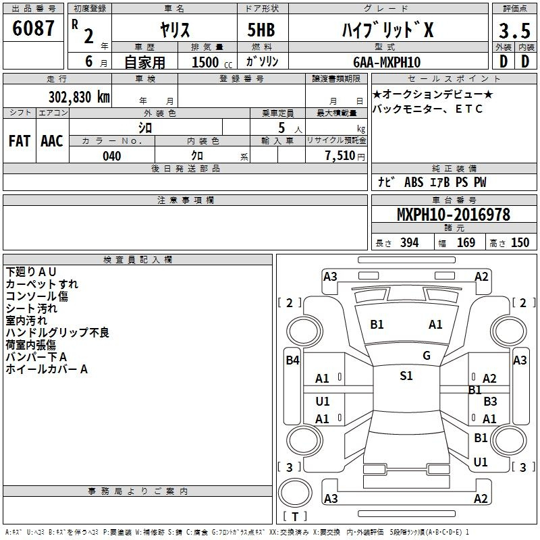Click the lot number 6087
(33, 28)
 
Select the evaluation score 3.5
(514, 30)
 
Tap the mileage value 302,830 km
(79, 97)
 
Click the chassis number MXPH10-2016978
(454, 214)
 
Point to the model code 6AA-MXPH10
(387, 62)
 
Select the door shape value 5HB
(261, 30)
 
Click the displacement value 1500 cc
(212, 62)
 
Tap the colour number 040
(112, 156)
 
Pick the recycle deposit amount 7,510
(340, 155)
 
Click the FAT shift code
(20, 141)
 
